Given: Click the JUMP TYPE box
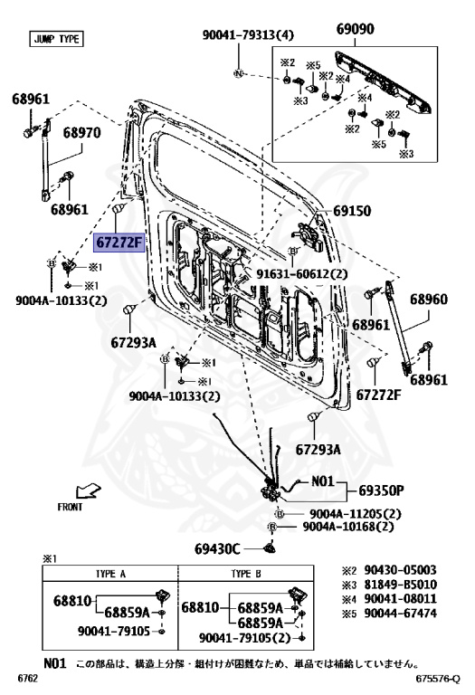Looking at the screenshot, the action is pyautogui.click(x=56, y=39).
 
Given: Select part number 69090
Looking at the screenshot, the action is pyautogui.click(x=355, y=29).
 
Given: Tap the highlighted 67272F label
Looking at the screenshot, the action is pyautogui.click(x=119, y=243).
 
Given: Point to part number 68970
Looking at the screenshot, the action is pyautogui.click(x=81, y=132).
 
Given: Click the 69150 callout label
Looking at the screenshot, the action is pyautogui.click(x=352, y=211).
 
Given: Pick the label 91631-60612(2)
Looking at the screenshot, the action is pyautogui.click(x=302, y=274).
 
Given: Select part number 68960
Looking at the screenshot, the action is pyautogui.click(x=429, y=300).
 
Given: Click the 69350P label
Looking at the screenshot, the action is pyautogui.click(x=381, y=490).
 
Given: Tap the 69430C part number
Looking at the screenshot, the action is pyautogui.click(x=217, y=549).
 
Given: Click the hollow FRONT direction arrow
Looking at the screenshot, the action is pyautogui.click(x=88, y=491).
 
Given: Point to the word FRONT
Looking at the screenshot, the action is pyautogui.click(x=70, y=507).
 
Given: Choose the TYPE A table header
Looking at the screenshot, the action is pyautogui.click(x=110, y=574).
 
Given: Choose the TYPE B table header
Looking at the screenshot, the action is pyautogui.click(x=246, y=574).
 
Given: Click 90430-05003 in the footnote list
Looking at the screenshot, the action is pyautogui.click(x=400, y=570).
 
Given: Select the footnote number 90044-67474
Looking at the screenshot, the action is pyautogui.click(x=400, y=614).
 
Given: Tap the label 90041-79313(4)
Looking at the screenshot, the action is pyautogui.click(x=248, y=35).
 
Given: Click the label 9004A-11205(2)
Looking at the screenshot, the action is pyautogui.click(x=355, y=514).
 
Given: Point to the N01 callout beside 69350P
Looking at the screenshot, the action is pyautogui.click(x=322, y=481).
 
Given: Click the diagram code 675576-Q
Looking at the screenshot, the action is pyautogui.click(x=438, y=679).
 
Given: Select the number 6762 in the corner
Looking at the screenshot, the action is pyautogui.click(x=27, y=678).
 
